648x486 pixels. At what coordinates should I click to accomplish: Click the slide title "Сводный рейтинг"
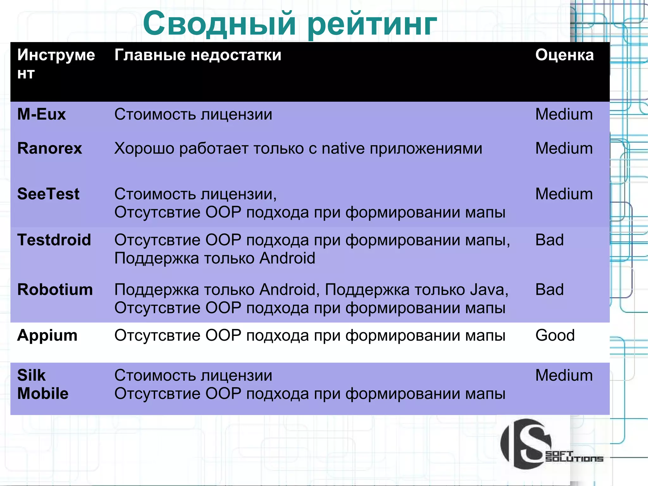tap(290, 24)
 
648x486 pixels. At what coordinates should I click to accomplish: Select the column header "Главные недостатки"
tap(198, 55)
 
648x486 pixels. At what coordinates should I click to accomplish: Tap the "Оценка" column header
tap(564, 55)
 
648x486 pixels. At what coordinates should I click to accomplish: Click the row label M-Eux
tap(41, 114)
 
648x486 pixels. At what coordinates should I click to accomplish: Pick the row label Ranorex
tap(50, 148)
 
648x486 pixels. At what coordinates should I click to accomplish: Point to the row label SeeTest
tap(48, 194)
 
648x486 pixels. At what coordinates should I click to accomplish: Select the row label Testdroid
tap(54, 240)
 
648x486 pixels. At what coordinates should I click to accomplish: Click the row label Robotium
tap(55, 290)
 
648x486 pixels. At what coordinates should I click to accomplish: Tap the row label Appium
tap(47, 335)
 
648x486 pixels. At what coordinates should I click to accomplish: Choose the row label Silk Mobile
tap(43, 384)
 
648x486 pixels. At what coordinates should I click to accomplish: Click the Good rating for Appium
tap(555, 335)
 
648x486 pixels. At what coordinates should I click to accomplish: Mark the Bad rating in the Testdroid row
tap(549, 240)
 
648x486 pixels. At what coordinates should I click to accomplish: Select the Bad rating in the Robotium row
tap(549, 290)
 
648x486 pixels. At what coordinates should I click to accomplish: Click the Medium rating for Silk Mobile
tap(564, 376)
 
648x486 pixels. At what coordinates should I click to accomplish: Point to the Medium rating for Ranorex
tap(564, 148)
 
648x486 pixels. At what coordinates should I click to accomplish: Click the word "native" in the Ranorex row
tap(343, 148)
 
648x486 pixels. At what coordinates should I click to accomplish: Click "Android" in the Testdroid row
tap(287, 258)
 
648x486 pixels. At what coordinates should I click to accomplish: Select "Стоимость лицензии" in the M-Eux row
tap(193, 114)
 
